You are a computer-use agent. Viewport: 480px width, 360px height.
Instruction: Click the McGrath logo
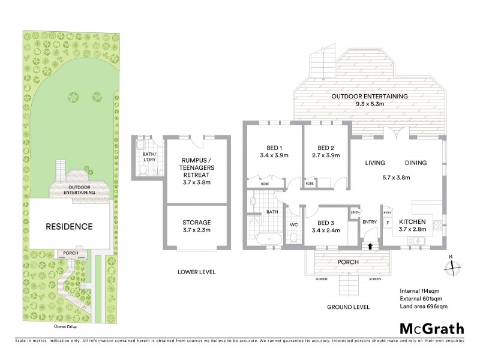coord(431,328)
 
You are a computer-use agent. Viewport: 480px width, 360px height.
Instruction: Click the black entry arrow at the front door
coord(370,245)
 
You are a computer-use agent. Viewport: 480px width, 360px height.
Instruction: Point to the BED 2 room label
coord(326,148)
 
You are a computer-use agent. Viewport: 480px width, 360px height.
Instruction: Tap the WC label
coord(293,225)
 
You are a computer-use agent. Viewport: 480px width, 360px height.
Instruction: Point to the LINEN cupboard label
coord(355,212)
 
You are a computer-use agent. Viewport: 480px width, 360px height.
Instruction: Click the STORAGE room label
coord(196,222)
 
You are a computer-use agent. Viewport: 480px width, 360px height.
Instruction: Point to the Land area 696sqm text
coord(424,307)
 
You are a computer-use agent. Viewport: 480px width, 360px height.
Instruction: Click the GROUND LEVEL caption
coord(348,307)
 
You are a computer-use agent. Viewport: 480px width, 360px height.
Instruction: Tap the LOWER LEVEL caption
coord(196,272)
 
